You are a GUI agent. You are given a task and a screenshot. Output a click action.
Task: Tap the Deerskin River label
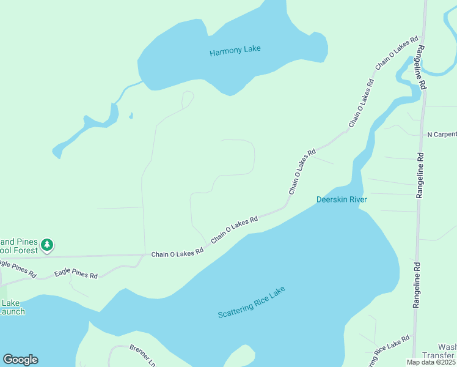click(341, 199)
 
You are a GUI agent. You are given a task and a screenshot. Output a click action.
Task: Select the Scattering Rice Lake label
click(251, 302)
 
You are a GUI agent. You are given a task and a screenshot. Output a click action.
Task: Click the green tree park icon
click(47, 245)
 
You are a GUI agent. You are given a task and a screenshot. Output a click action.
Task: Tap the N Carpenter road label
click(441, 134)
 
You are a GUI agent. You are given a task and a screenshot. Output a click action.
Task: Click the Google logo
click(20, 360)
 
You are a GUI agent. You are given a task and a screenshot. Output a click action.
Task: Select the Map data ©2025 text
click(430, 362)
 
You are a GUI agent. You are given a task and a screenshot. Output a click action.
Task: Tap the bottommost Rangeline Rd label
click(417, 285)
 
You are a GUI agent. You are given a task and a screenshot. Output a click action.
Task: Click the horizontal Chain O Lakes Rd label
click(177, 253)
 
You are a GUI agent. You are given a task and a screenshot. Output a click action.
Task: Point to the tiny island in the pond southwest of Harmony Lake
click(131, 115)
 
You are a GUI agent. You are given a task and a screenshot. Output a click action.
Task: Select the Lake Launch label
click(12, 307)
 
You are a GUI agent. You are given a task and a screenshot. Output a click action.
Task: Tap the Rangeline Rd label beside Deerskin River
click(420, 175)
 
